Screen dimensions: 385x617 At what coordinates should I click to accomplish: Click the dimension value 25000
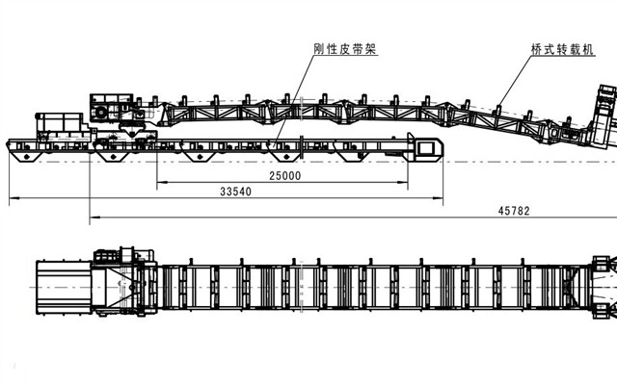tap(284, 176)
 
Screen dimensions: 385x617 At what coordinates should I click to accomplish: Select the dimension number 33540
tap(235, 192)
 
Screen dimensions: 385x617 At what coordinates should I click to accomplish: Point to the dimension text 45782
tap(514, 210)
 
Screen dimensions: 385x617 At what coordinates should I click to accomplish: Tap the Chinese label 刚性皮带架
tap(343, 47)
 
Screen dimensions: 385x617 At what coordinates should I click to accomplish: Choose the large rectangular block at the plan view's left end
tap(63, 288)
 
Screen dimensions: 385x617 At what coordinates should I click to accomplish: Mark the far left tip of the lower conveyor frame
tap(7, 145)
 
